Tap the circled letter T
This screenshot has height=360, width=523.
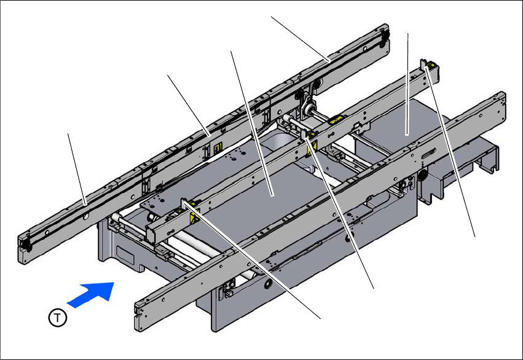58,318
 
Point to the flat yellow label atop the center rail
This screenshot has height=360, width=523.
336,120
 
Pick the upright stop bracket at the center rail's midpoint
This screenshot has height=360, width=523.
304,133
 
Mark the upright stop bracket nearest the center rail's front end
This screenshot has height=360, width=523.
184,205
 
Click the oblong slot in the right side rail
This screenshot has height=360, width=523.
428,154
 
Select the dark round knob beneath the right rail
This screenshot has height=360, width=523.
423,174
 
